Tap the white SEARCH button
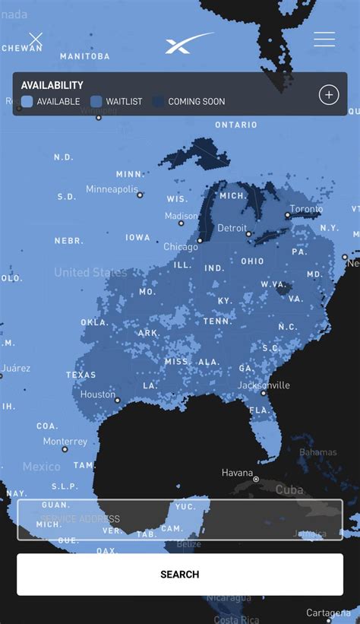coord(180,575)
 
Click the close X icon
coord(36,39)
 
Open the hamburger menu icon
coord(324,40)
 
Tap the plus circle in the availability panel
coord(328,94)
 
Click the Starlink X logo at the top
coord(188,43)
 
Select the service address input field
coord(180,519)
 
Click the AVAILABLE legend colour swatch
coord(27,101)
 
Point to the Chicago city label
coord(181,246)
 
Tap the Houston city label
coord(98,394)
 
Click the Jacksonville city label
coord(264,385)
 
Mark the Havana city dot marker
coord(256,480)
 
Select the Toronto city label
coord(306,209)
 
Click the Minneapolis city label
coord(112,188)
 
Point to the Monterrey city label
coord(65,442)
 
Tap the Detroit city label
coord(232,228)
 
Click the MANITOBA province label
coord(84,56)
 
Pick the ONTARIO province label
coord(236,125)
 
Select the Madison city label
coord(182,216)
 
